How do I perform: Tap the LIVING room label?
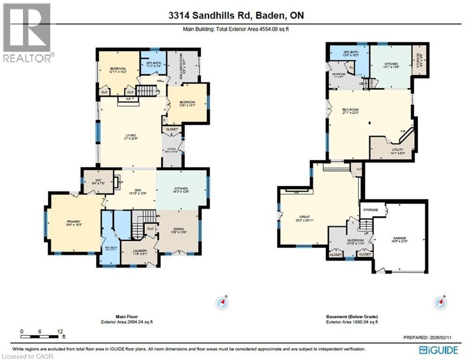131,135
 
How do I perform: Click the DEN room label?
137,190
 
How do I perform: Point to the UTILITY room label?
391,149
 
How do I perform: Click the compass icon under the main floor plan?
222,302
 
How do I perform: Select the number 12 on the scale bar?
60,331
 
